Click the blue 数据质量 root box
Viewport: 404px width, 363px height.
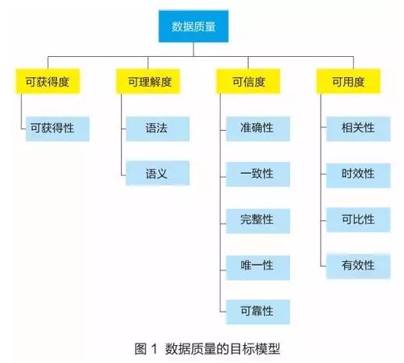(x=193, y=26)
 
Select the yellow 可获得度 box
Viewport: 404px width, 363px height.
(x=48, y=81)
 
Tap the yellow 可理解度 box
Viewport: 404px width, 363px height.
(x=148, y=81)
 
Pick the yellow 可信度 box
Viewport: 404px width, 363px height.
(x=248, y=81)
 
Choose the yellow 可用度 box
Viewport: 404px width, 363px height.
(x=349, y=81)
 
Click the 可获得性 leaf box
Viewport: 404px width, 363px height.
(x=58, y=129)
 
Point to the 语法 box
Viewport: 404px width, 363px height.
(x=158, y=129)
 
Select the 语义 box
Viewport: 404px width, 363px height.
(x=158, y=173)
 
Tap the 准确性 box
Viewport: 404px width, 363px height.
(x=258, y=129)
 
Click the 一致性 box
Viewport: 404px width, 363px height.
(x=258, y=174)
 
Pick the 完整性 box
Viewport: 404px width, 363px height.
(x=258, y=221)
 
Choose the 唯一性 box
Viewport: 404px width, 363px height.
(x=258, y=268)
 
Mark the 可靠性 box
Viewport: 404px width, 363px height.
(x=258, y=312)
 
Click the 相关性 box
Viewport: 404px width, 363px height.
(x=358, y=129)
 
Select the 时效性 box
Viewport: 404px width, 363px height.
(x=358, y=175)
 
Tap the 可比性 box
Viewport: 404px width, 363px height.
(x=358, y=220)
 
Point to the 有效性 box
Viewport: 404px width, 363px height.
(x=358, y=266)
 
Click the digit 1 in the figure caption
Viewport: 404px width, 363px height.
(x=154, y=348)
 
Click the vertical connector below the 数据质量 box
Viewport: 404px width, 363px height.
(x=193, y=49)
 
